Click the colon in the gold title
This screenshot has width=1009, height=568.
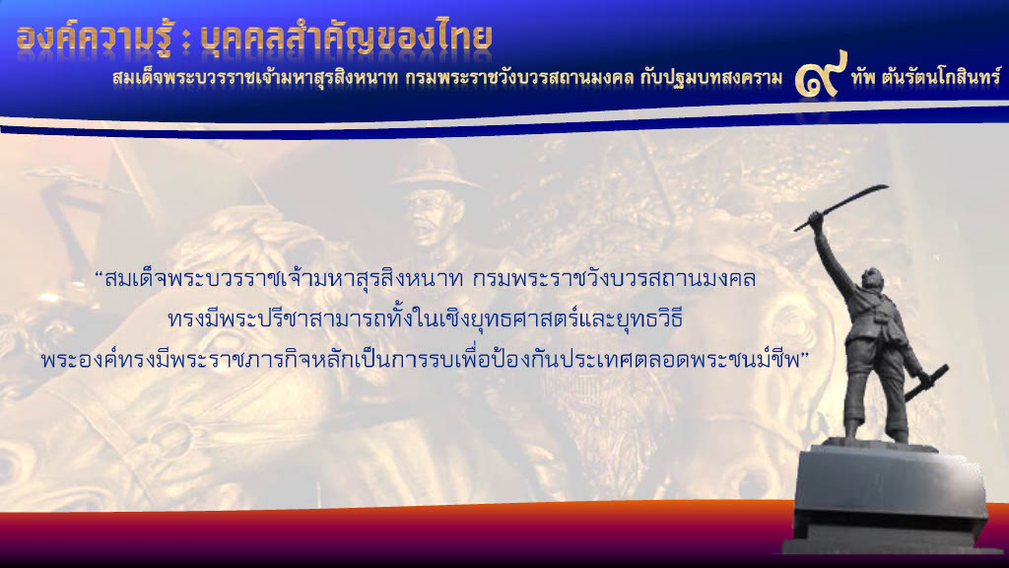(x=186, y=41)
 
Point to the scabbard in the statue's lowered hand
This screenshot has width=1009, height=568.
(x=926, y=383)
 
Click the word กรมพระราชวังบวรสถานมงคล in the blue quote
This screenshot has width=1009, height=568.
(x=614, y=279)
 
